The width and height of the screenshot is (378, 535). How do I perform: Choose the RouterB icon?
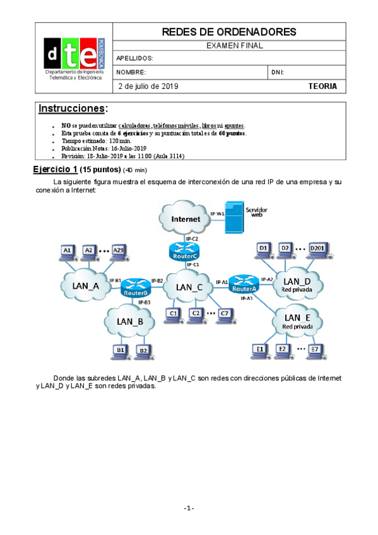tap(135, 287)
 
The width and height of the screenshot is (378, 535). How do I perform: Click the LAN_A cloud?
tap(86, 286)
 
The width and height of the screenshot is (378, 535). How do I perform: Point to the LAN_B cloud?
tap(131, 320)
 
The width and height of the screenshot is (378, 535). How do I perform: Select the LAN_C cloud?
tap(189, 288)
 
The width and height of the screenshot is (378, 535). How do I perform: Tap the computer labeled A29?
tap(118, 252)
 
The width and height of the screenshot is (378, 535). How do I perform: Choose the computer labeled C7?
tap(224, 314)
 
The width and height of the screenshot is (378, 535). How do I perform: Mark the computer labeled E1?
tap(258, 350)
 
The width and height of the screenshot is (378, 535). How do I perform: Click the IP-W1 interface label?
tap(216, 215)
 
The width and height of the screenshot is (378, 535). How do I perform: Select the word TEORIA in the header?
tap(322, 86)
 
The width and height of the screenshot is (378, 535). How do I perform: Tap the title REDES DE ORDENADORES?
tap(229, 32)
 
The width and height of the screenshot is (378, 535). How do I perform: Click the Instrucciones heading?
tap(73, 109)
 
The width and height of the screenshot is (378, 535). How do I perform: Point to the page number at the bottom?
tap(189, 509)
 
